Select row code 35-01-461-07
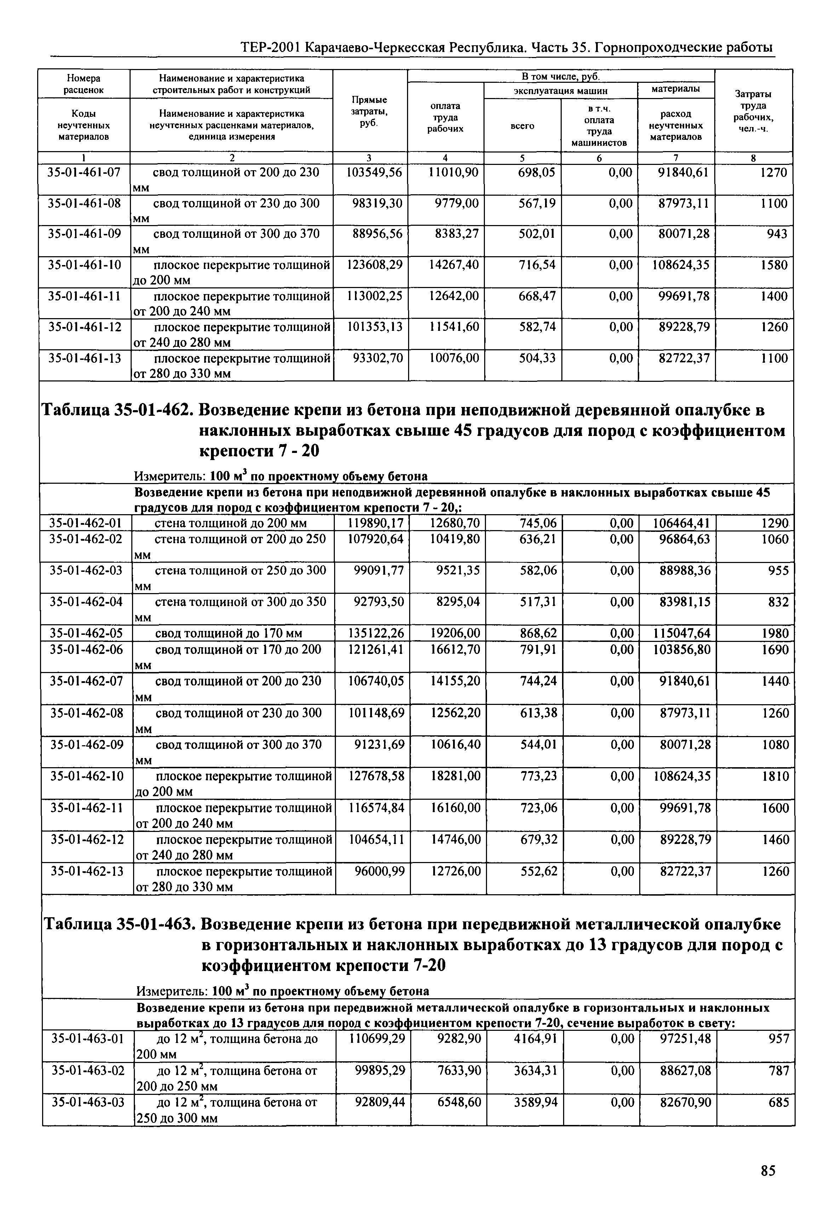click(84, 172)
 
